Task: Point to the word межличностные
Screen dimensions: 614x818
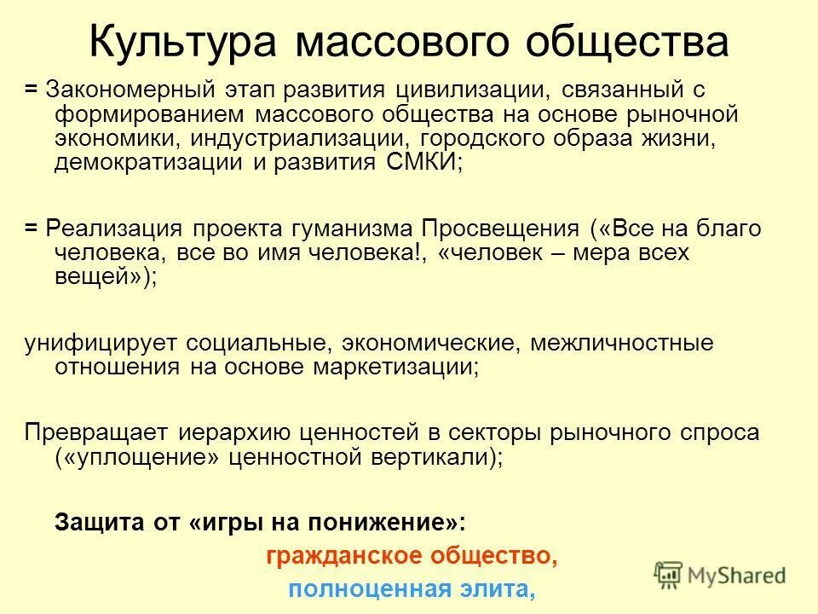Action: pyautogui.click(x=620, y=343)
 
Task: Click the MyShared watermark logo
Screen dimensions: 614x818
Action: pyautogui.click(x=719, y=576)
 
